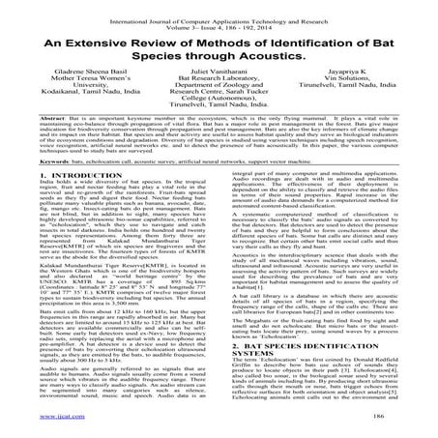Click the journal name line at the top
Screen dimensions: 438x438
point(218,14)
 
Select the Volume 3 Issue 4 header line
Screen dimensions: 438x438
point(218,21)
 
